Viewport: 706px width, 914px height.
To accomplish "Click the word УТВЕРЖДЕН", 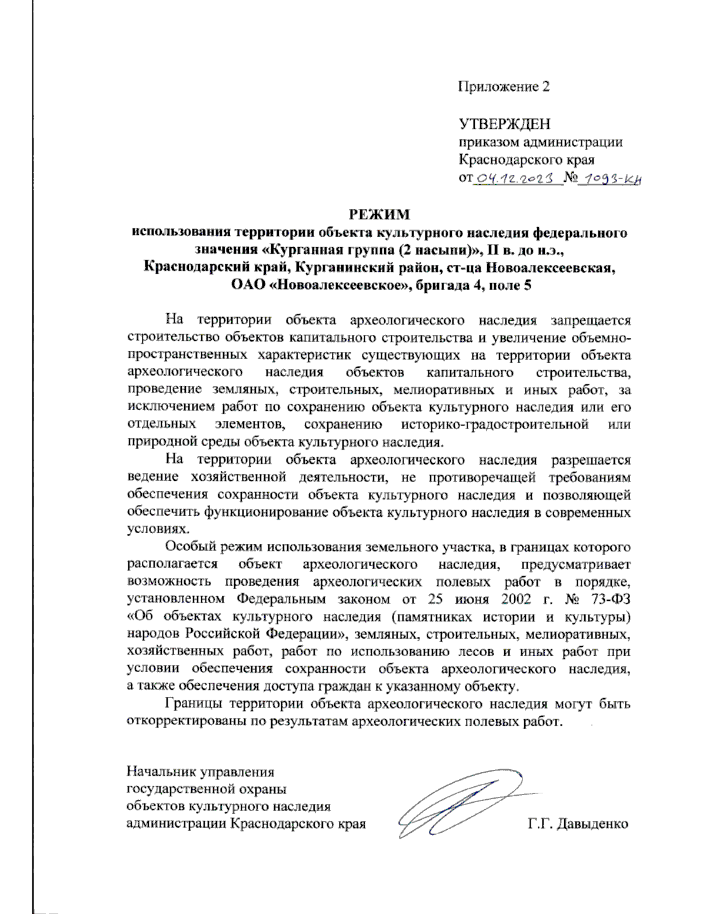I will tap(504, 124).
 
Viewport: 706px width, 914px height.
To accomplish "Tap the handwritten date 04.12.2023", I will tap(515, 178).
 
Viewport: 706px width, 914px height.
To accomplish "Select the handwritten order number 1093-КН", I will tap(609, 178).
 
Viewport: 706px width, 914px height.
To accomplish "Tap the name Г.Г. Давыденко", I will tap(578, 823).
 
